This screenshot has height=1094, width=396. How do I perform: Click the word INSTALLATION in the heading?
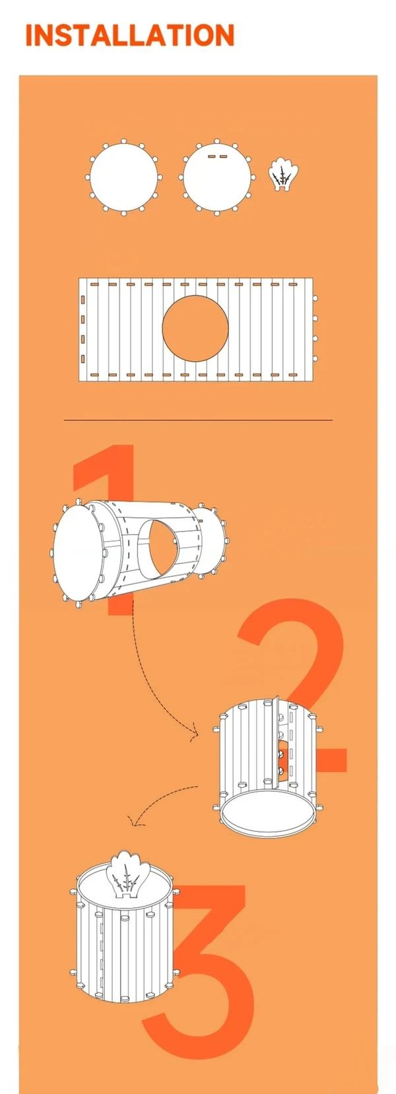(130, 35)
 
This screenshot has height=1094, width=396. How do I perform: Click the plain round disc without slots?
(123, 177)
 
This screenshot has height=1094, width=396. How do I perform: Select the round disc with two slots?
(217, 177)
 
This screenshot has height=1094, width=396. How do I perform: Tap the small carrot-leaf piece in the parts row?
(283, 175)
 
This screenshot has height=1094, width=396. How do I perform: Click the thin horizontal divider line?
(198, 420)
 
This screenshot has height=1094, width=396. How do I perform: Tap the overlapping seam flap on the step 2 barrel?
(276, 742)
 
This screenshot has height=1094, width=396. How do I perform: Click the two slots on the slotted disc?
(217, 157)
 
